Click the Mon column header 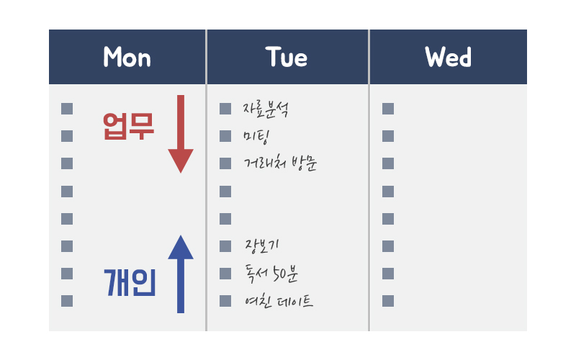127,57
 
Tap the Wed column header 449,57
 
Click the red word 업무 129,126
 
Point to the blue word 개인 130,282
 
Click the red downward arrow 181,134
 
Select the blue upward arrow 181,274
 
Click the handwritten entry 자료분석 266,109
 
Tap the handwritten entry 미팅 256,137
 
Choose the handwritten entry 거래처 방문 280,163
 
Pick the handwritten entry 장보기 262,246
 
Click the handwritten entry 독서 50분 271,274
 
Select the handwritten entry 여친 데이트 279,301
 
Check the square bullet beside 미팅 225,136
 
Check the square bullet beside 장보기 225,246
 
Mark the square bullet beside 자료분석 225,109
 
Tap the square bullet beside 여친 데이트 225,301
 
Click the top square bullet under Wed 388,109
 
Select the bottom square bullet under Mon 67,301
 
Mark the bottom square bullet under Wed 388,301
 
